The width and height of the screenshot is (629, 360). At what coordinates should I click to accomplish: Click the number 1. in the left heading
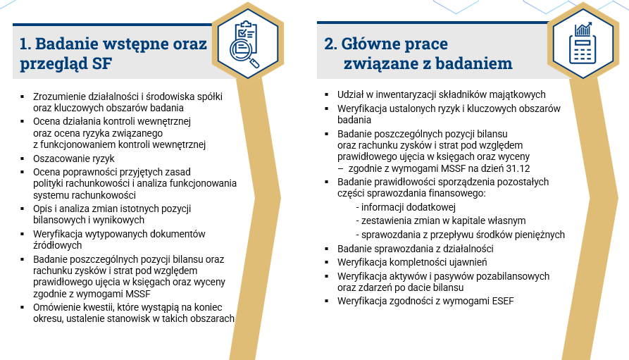(x=25, y=44)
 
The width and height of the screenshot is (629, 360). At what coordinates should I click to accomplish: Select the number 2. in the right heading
(x=330, y=44)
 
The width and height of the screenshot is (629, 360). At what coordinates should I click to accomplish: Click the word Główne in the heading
(x=372, y=44)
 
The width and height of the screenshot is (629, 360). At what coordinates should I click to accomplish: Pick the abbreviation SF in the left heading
(x=103, y=64)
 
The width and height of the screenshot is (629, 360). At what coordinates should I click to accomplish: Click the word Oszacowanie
(x=62, y=159)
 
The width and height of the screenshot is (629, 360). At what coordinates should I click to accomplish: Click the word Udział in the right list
(x=351, y=94)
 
